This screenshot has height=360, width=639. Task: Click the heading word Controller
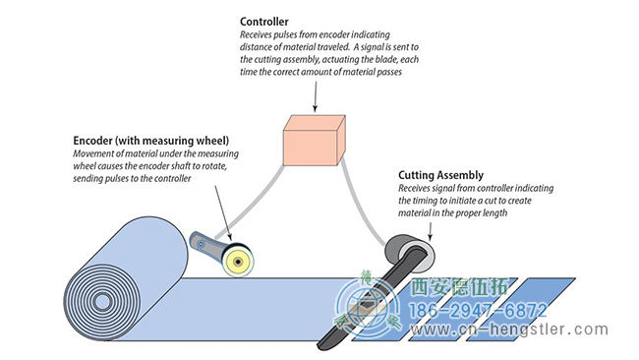point(264,22)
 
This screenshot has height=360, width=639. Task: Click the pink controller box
point(315,141)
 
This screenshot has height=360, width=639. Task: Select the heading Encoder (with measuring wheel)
point(150,141)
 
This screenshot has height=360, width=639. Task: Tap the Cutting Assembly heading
point(441,175)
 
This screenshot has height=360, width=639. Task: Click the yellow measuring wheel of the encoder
point(238,261)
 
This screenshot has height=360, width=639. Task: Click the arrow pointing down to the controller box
point(315,96)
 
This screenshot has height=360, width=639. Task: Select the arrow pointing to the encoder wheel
point(223,212)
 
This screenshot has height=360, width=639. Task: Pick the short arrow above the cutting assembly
point(430,231)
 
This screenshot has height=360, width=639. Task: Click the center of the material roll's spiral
point(102,302)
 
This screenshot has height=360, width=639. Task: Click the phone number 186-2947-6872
point(478,311)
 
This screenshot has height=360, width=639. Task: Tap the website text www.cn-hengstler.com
point(509,330)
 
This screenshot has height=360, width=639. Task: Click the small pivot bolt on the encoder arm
point(201,244)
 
